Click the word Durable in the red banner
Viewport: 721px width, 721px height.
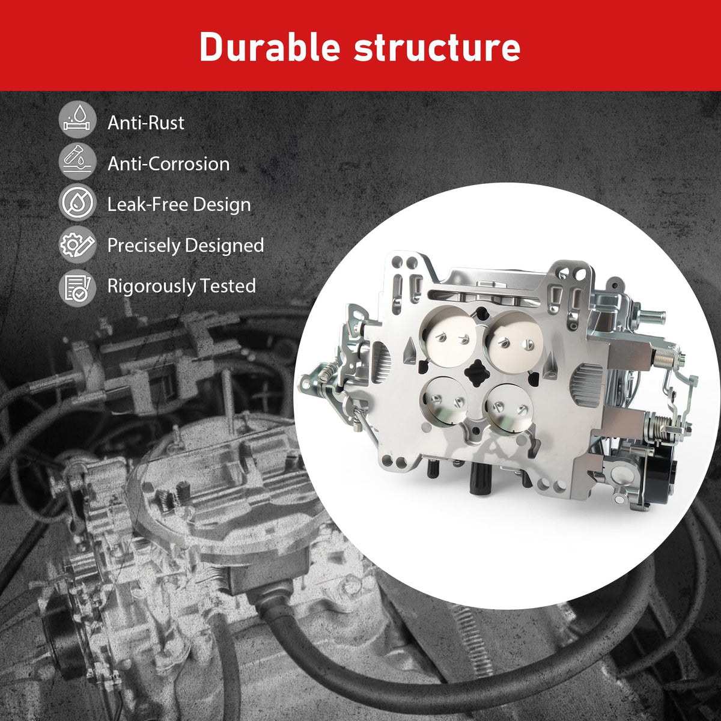[270, 47]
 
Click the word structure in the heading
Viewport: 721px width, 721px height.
[437, 48]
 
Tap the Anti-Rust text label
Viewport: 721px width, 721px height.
[145, 123]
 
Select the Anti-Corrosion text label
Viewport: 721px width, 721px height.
[168, 164]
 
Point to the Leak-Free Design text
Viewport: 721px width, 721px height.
[179, 205]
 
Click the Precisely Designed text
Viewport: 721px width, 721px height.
[186, 246]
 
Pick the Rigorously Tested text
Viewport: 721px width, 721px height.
[181, 287]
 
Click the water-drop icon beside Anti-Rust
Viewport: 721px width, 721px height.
[78, 120]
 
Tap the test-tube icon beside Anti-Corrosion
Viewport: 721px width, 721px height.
[78, 161]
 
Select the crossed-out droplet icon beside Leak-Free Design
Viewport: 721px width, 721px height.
[78, 202]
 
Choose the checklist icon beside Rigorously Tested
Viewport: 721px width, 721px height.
[78, 288]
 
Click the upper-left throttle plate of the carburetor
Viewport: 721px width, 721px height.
[449, 338]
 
